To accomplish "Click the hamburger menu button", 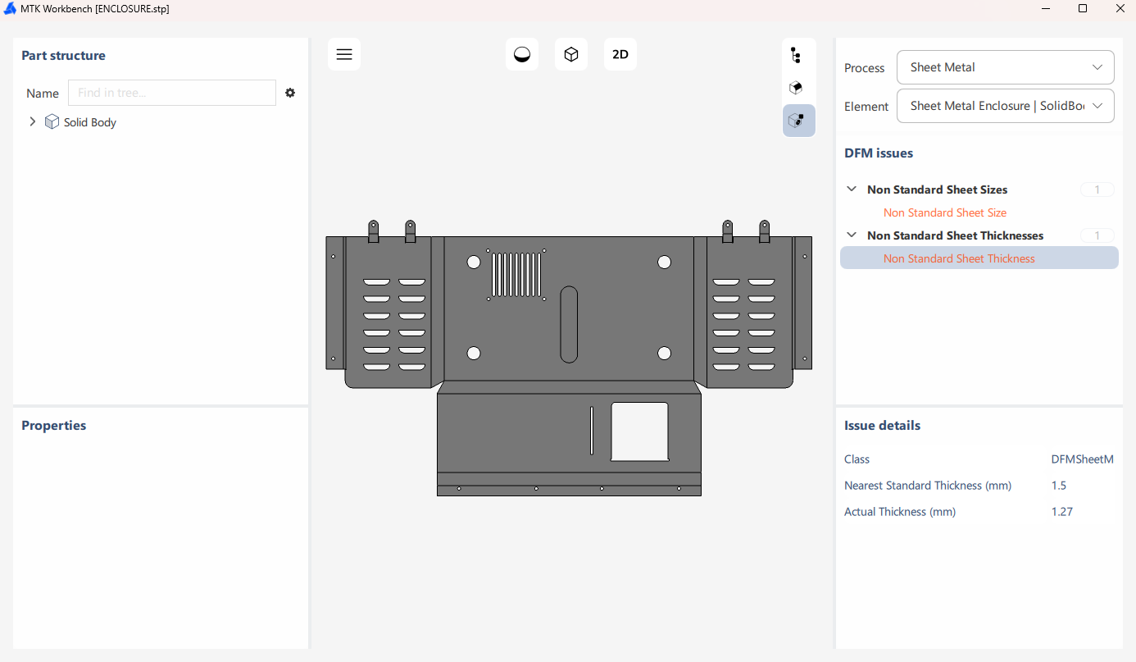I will click(344, 54).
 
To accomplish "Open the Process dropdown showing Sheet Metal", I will click(1005, 67).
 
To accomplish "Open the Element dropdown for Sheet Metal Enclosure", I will click(1005, 106).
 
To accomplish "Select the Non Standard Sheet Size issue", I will click(944, 212).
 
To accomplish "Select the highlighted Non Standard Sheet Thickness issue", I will click(959, 258).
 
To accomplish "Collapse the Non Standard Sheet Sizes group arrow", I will click(852, 189).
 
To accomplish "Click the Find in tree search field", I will click(172, 93).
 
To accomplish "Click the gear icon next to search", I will click(290, 93).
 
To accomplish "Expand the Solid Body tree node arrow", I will click(33, 121).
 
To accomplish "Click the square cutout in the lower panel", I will click(639, 431).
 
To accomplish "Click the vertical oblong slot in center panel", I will click(569, 324).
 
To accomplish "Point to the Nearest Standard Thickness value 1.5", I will click(1058, 486).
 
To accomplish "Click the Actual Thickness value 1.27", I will click(1061, 512).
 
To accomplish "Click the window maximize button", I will click(1083, 8).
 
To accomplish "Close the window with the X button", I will click(1120, 8).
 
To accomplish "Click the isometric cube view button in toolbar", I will click(571, 54).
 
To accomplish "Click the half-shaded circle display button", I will click(522, 54).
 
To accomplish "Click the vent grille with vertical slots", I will click(516, 275).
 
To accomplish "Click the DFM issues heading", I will click(878, 153).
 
